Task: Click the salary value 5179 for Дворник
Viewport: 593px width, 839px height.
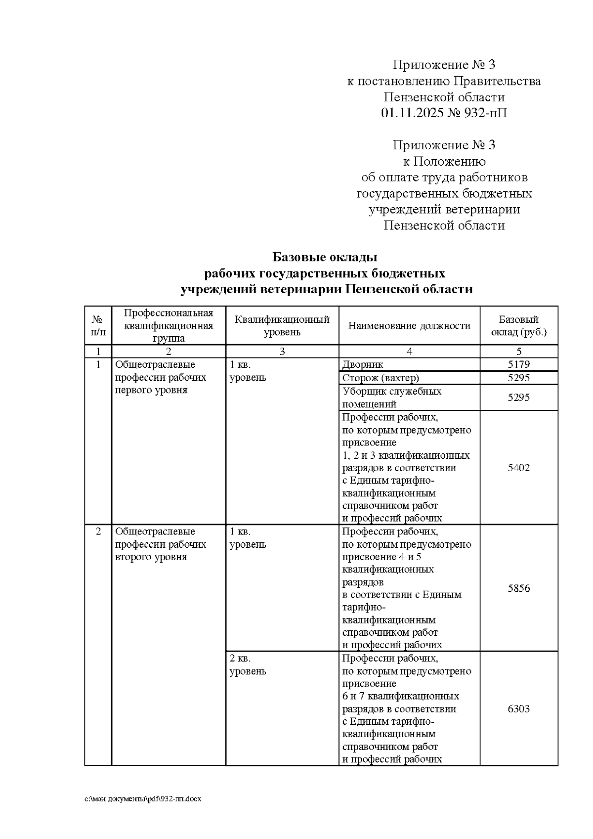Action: tap(518, 365)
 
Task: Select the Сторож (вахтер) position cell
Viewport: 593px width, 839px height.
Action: tap(381, 378)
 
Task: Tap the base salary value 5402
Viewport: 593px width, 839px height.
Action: tap(518, 468)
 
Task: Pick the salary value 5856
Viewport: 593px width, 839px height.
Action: tap(518, 588)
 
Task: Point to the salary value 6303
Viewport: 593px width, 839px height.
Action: tap(518, 708)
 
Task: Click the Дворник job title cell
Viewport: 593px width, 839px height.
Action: tap(363, 365)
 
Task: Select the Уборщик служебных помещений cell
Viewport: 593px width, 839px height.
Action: tap(391, 397)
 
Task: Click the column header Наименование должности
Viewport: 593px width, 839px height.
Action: tap(409, 325)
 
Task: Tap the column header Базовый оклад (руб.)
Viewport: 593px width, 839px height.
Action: tap(518, 326)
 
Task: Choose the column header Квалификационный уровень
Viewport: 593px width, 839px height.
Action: tap(282, 326)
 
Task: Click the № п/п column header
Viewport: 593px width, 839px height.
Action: tap(98, 326)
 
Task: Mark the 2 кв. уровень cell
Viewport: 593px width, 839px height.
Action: tap(248, 665)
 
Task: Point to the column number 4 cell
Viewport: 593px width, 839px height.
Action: tap(409, 352)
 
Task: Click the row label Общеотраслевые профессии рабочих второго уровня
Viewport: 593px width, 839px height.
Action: tap(161, 544)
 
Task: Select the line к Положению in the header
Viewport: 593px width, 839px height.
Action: tap(444, 161)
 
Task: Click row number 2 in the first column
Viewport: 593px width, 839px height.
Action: tap(98, 531)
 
